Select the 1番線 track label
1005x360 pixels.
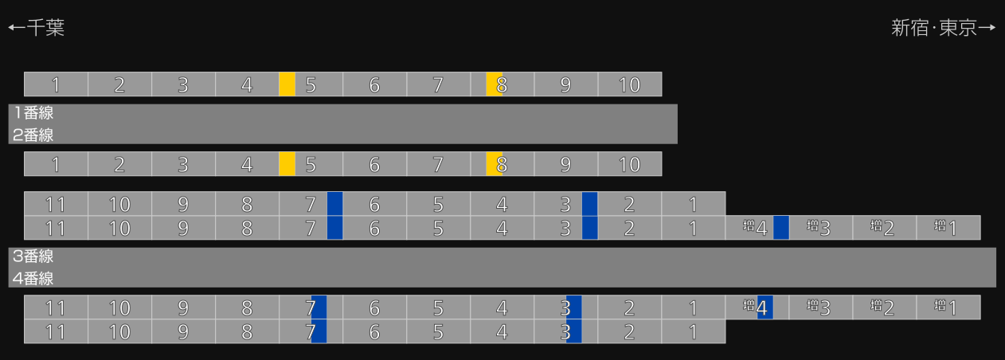coord(33,112)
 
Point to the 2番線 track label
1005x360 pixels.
coord(33,135)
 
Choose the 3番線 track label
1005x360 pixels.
coord(33,256)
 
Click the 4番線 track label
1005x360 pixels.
coord(33,278)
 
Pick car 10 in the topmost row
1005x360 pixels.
coord(630,84)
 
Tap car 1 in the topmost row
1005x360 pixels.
coord(56,84)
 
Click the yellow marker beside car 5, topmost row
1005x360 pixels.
coord(287,84)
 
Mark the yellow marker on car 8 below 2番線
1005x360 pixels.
coord(494,164)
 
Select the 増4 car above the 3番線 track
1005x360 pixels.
coord(757,228)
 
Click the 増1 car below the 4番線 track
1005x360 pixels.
coord(948,307)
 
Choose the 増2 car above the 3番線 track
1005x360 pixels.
coord(884,228)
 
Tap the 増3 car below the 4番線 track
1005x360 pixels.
coord(821,307)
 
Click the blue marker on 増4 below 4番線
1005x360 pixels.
coord(765,307)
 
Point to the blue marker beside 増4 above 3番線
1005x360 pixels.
coord(781,228)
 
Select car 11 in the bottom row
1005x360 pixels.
coord(56,331)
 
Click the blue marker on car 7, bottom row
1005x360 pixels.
coord(319,331)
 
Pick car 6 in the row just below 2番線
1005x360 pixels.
coord(374,164)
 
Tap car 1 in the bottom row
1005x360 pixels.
coord(694,331)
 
